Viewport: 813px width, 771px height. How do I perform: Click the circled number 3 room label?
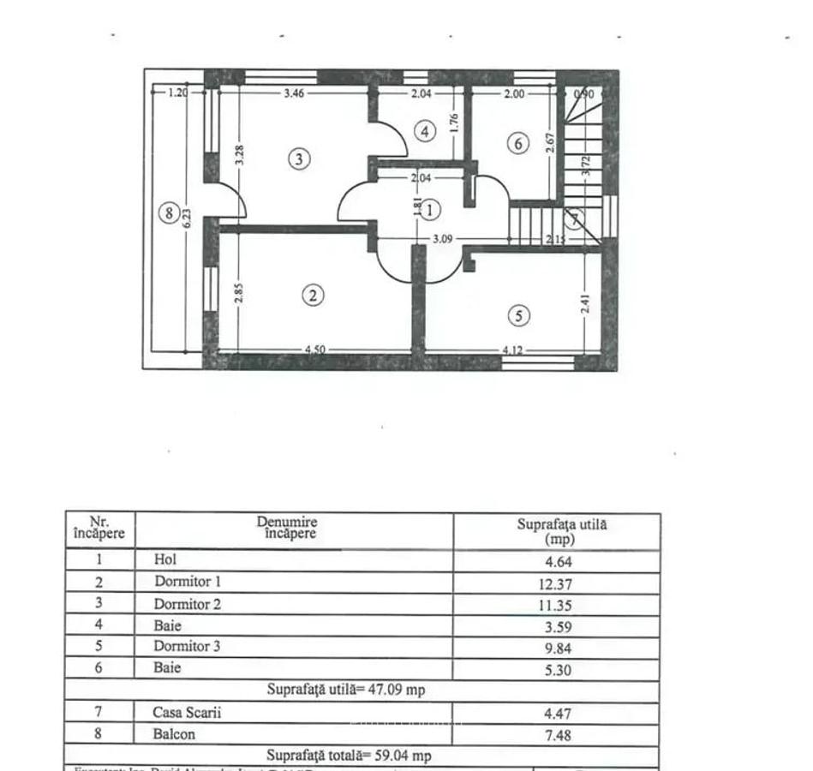[298, 158]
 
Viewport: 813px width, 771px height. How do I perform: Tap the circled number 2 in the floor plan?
[314, 295]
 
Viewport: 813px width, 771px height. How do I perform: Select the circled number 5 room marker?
[518, 315]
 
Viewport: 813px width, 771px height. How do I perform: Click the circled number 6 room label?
[518, 143]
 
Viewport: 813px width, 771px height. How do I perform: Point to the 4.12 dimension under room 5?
[511, 350]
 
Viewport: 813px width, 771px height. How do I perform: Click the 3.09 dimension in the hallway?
[443, 239]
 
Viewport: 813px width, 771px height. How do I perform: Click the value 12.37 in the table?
[557, 584]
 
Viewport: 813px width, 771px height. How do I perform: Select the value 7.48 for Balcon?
[557, 734]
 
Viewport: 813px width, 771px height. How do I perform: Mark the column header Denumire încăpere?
[287, 527]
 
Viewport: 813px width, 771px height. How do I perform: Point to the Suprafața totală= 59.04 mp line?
[349, 756]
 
